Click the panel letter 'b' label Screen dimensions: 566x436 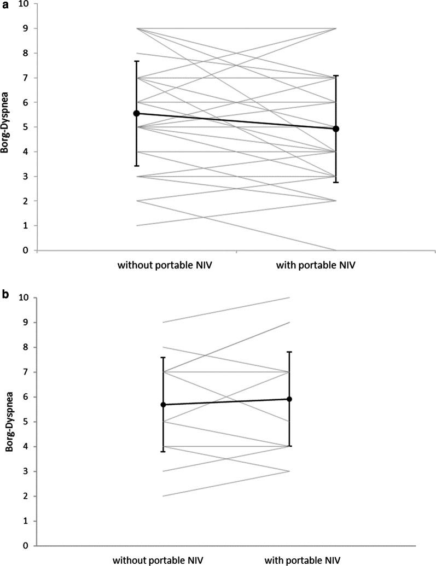tap(5, 295)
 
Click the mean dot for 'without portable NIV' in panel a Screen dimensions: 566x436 tap(137, 113)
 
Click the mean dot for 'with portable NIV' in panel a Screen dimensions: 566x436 tap(336, 129)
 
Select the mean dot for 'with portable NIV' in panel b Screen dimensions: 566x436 tap(289, 399)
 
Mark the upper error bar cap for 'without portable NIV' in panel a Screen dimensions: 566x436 tap(137, 61)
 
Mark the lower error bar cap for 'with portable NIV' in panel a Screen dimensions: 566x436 tap(336, 182)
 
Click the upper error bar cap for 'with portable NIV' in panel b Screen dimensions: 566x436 tap(289, 352)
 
